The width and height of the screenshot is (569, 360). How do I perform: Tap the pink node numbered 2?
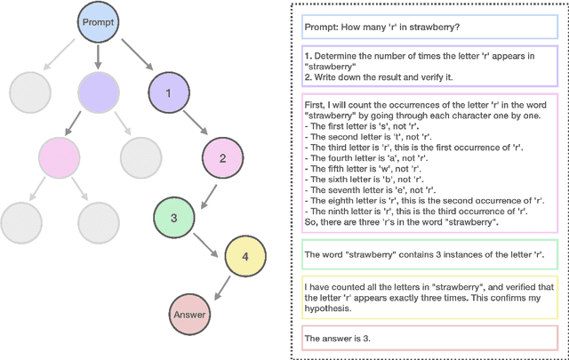click(222, 158)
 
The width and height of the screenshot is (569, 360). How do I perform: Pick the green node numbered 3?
click(174, 218)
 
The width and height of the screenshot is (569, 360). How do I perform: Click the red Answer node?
click(189, 314)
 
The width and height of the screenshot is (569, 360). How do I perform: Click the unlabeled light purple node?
click(97, 91)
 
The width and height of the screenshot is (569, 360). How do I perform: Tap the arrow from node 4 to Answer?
click(219, 287)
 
